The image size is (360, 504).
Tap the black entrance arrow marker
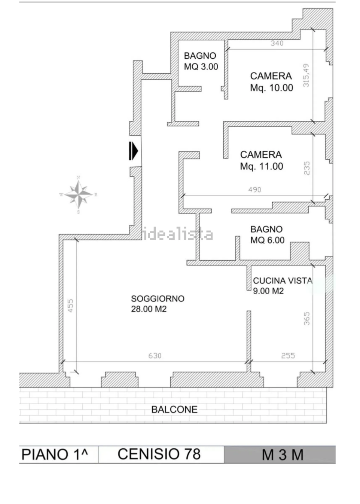133,151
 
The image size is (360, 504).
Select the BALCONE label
174,409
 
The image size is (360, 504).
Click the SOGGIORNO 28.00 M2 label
158,304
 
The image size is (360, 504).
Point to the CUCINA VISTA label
283,280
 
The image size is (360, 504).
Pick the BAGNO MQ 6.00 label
268,235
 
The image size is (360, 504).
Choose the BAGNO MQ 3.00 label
201,61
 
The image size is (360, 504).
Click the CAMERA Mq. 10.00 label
272,82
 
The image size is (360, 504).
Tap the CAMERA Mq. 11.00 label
261,160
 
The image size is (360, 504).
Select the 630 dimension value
155,356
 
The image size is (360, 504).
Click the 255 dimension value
288,356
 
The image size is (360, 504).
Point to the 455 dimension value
70,305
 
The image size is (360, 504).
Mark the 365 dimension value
306,319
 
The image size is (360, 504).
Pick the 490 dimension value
254,190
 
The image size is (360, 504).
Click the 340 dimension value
277,43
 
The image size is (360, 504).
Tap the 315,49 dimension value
306,76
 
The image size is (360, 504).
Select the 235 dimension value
306,168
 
